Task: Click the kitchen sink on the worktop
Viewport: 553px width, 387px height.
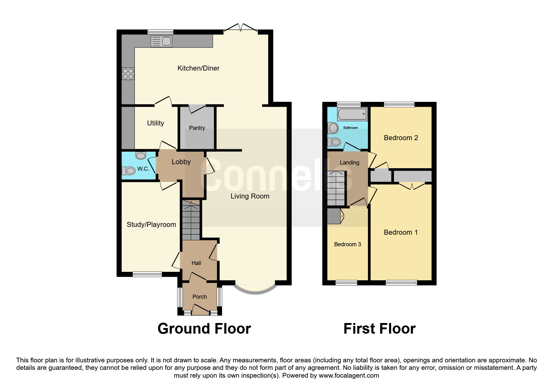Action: click(161, 41)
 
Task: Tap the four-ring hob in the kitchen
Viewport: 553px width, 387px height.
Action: click(128, 74)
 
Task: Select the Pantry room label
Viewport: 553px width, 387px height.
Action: click(197, 128)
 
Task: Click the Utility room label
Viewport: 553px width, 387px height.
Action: click(156, 123)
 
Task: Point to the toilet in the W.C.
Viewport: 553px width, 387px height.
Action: click(129, 171)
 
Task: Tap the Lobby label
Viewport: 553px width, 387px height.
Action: click(181, 162)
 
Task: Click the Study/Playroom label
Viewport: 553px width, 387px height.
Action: click(151, 225)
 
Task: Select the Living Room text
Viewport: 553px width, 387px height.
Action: click(250, 196)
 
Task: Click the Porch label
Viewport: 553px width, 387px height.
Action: click(200, 297)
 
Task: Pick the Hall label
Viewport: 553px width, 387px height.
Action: click(196, 263)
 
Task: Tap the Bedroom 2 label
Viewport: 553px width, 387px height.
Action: click(401, 138)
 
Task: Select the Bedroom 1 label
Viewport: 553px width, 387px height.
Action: click(401, 233)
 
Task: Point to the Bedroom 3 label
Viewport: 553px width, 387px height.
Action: click(348, 244)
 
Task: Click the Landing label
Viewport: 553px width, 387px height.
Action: click(349, 163)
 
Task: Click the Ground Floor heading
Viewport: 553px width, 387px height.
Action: click(204, 329)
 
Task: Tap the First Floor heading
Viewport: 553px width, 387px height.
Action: click(379, 329)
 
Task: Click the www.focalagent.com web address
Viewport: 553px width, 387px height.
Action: click(349, 375)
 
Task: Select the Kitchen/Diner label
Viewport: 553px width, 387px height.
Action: click(199, 68)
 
